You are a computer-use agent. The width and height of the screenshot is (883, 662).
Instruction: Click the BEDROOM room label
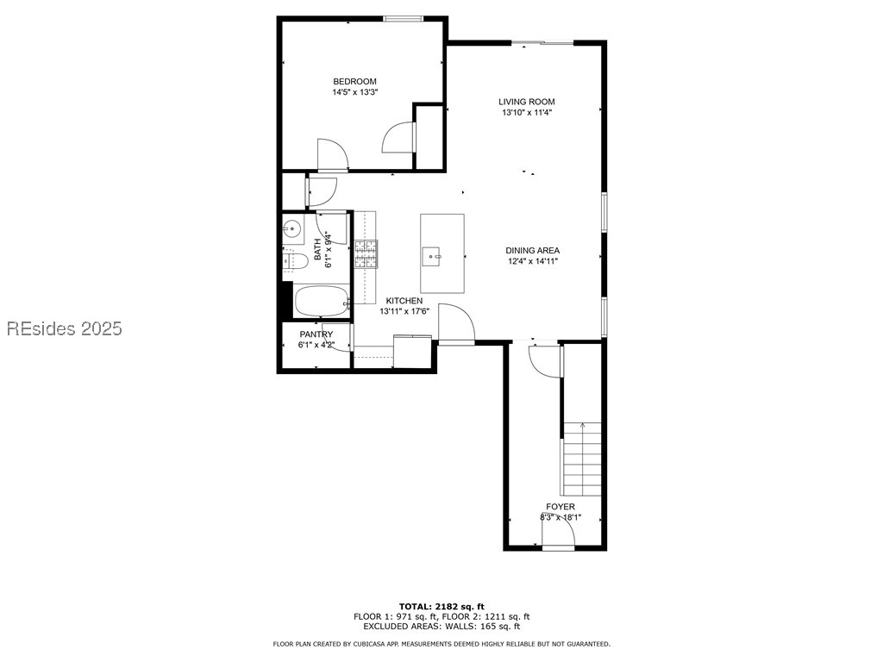354,82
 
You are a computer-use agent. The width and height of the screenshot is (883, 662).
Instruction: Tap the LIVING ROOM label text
526,102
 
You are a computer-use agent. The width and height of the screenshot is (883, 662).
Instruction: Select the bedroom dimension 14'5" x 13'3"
354,92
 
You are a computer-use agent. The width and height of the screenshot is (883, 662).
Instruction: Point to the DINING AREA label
532,251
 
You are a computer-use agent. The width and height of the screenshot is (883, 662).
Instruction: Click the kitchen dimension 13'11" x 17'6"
404,311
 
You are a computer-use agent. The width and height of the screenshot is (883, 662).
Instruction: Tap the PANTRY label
316,334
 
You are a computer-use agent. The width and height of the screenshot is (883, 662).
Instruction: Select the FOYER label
560,507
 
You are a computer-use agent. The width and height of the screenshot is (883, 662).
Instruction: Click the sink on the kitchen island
432,254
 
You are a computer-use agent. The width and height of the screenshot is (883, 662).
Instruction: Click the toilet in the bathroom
295,260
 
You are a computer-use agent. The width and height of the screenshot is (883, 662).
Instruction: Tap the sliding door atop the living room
542,41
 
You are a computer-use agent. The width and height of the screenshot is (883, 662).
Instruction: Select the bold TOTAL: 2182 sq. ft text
441,606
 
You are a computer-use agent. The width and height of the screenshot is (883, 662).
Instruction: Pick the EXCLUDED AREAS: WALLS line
441,627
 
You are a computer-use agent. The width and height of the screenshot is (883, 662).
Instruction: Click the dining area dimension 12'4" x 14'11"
532,261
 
